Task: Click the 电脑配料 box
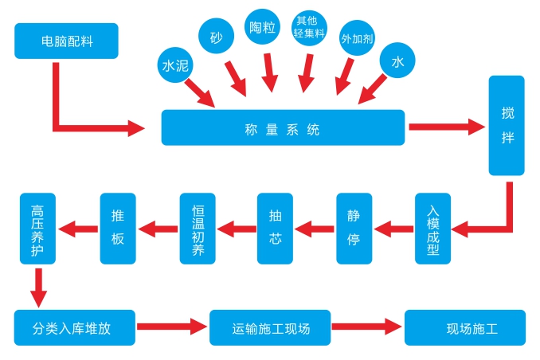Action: [x=66, y=41]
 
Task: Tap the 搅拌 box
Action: [x=507, y=125]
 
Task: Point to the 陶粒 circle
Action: [x=261, y=28]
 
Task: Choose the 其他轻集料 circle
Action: [x=310, y=28]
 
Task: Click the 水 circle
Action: [x=397, y=61]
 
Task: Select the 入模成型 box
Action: [x=433, y=229]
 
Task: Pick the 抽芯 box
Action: [x=276, y=229]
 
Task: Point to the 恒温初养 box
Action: [x=198, y=229]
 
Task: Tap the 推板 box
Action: [x=118, y=229]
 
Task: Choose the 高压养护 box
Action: [x=37, y=229]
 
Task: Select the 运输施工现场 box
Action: [x=270, y=327]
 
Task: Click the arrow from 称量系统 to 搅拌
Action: [x=446, y=126]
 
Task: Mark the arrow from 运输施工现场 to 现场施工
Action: [x=367, y=327]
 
